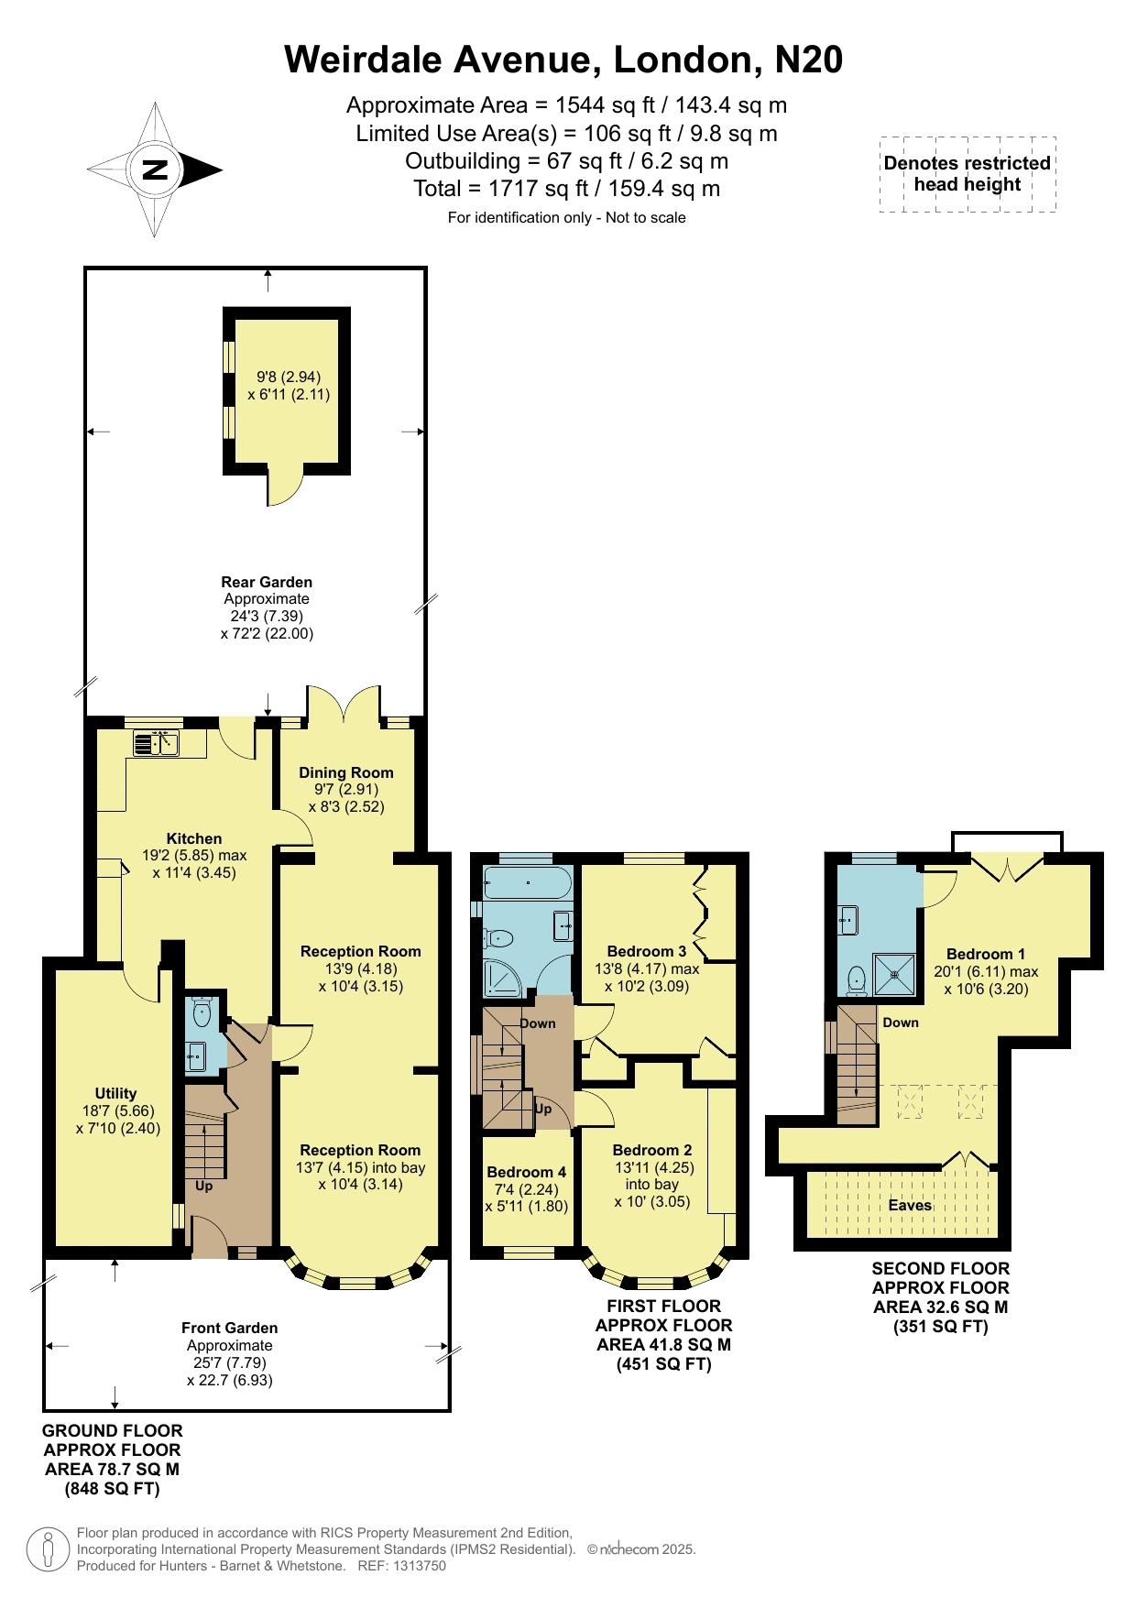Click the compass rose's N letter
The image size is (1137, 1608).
156,170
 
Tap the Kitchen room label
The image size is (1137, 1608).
194,838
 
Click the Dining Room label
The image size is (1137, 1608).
346,772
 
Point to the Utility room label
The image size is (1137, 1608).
115,1093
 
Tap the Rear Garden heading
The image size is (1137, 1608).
267,582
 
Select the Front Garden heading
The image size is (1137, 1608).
229,1328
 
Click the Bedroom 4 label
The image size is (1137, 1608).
526,1172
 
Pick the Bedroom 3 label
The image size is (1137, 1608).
647,951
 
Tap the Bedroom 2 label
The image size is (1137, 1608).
652,1150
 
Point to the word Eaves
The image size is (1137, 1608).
910,1206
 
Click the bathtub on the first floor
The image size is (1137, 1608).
527,882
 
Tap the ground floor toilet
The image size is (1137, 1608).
202,1011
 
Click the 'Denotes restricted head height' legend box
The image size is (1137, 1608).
968,174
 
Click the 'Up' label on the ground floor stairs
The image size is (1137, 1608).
203,1186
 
